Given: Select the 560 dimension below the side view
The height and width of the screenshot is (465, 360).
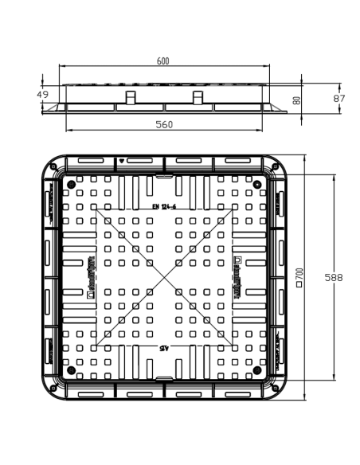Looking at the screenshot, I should point(164,124).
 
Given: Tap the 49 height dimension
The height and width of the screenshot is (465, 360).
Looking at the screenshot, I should point(43,95).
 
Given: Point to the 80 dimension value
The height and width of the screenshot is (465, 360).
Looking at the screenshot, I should point(296,100).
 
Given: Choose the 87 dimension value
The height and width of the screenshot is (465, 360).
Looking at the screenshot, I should point(338,97).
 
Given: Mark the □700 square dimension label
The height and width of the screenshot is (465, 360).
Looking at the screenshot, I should point(299,278).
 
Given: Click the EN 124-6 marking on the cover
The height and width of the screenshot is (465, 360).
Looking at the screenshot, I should point(164,207).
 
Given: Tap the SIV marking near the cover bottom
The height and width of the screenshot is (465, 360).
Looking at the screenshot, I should point(164,348).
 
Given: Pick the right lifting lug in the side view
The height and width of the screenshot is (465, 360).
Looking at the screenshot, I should point(198,98).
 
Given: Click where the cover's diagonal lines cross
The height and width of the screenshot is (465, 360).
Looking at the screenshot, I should point(164,277).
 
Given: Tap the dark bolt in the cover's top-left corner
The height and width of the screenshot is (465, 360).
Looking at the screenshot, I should point(71,184).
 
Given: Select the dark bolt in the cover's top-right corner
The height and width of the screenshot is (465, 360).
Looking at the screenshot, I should point(257,184).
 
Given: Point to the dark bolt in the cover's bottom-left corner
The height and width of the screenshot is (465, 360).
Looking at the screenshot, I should point(71,370).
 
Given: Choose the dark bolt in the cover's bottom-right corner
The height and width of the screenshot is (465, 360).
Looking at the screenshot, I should point(257,370).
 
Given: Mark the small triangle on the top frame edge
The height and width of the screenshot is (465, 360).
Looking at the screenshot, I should point(121,161).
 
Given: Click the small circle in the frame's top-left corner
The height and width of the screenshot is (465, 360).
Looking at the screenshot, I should point(53,166).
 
